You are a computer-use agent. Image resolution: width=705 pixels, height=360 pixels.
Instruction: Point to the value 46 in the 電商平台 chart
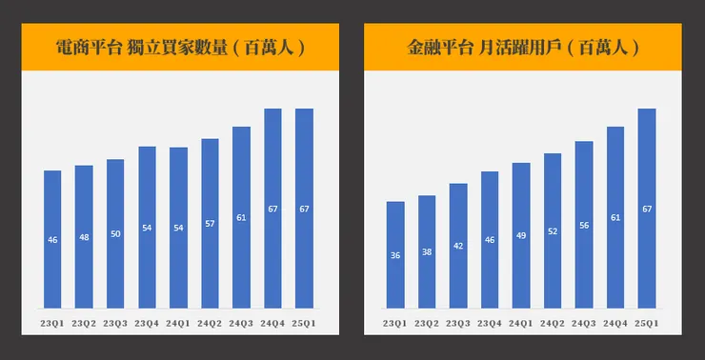pos(52,240)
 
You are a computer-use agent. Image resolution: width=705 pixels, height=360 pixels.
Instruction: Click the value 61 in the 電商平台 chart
pos(241,218)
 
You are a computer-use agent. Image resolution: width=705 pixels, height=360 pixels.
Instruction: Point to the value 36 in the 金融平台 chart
pos(395,255)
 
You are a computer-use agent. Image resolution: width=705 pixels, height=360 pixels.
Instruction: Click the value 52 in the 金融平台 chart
pos(553,231)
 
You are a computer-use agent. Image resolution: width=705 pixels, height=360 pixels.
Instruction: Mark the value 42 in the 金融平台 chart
pos(458,246)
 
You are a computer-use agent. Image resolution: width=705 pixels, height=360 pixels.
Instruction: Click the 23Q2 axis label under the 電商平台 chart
pos(84,324)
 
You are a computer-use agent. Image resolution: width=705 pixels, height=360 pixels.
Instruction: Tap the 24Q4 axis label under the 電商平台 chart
pos(272,324)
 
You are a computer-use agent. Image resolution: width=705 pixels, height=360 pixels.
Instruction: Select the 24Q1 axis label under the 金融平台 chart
pos(521,324)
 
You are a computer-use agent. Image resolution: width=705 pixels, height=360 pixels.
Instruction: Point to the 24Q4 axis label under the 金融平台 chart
pos(615,324)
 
